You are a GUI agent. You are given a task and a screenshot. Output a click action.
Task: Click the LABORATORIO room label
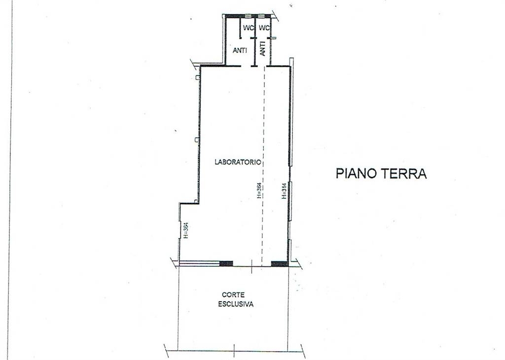tap(238, 162)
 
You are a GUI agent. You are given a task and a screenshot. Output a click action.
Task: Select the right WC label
tap(264, 28)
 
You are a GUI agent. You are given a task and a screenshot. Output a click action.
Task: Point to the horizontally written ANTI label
tap(240, 51)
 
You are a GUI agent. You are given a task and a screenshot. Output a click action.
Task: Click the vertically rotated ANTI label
tap(262, 49)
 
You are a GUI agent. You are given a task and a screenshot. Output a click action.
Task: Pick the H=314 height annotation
tap(284, 191)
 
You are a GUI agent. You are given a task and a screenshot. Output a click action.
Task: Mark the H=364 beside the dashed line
tap(259, 190)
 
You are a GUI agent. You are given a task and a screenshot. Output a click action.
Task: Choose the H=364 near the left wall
tap(186, 231)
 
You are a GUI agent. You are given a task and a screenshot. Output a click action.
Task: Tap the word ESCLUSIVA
tap(236, 304)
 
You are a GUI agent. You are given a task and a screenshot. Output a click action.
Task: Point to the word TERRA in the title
tap(404, 173)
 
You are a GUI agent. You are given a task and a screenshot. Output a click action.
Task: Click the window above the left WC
tap(248, 16)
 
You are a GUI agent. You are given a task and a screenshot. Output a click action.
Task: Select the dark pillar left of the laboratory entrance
tap(226, 264)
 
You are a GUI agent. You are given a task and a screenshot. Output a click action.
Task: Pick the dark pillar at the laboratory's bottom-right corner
tap(279, 264)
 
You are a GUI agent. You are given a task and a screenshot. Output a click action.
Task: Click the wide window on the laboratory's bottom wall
tap(199, 264)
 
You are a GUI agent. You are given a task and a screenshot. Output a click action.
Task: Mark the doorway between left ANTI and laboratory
tap(246, 67)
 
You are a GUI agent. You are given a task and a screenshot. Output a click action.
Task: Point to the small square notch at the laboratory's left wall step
tap(196, 202)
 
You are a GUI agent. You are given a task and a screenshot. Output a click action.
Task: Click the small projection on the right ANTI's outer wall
tap(273, 38)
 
